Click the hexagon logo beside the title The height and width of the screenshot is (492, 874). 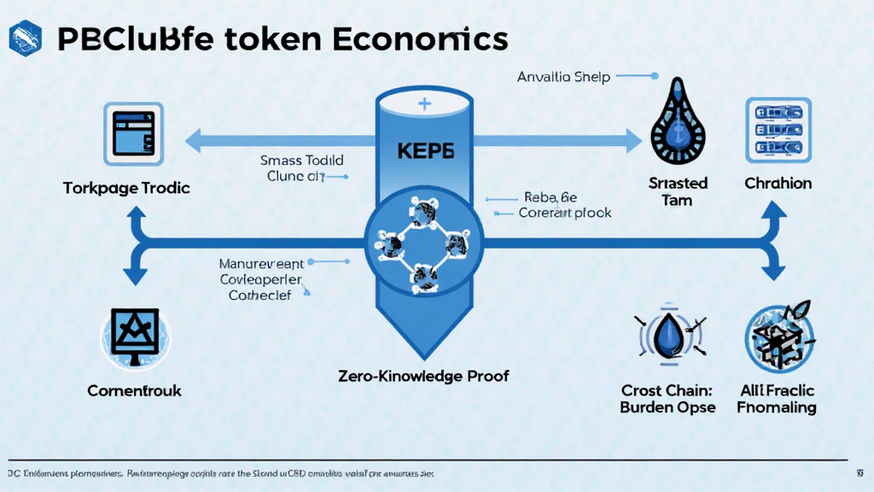click(25, 38)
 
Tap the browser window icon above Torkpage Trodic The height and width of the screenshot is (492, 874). click(132, 133)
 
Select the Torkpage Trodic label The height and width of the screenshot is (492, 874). click(126, 187)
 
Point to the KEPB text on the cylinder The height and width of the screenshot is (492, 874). click(426, 149)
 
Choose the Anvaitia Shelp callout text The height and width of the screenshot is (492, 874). click(563, 77)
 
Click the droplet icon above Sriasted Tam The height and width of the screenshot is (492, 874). click(678, 127)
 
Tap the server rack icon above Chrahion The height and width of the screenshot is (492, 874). click(777, 131)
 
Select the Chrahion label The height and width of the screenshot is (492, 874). click(778, 183)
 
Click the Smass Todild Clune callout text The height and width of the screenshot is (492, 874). click(301, 168)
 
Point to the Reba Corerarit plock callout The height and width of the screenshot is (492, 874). click(564, 205)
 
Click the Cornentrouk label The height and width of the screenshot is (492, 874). click(134, 390)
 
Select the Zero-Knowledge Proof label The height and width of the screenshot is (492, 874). click(423, 376)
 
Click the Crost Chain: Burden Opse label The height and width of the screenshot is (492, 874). click(667, 399)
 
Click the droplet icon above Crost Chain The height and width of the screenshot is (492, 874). click(669, 335)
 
